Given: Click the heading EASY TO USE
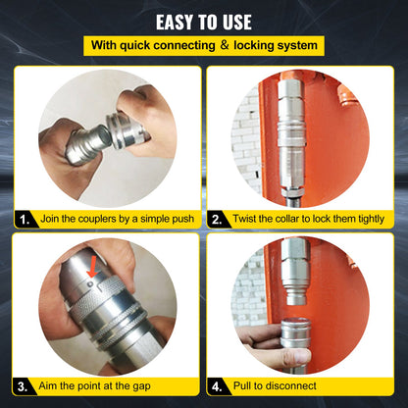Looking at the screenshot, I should pos(203,21).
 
